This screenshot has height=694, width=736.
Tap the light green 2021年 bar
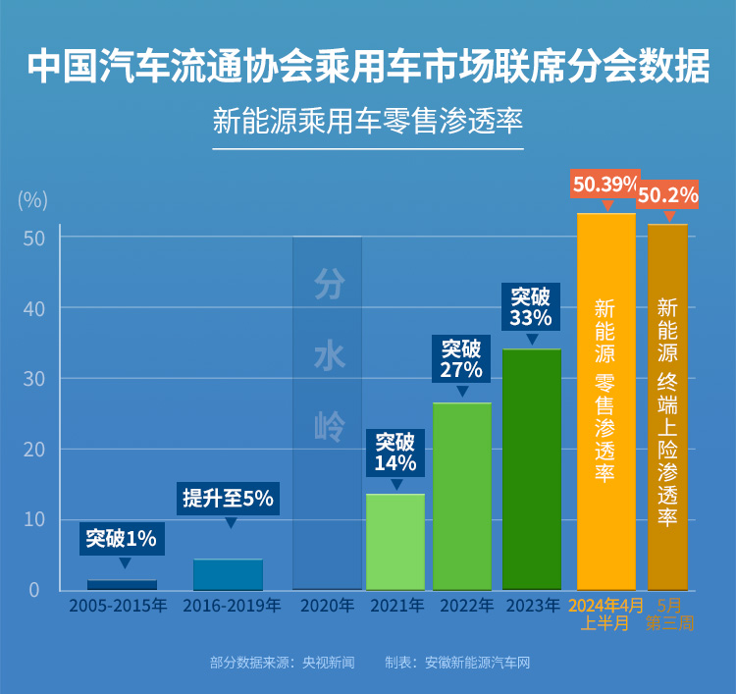[x=395, y=541]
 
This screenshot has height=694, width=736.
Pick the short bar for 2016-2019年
[x=228, y=574]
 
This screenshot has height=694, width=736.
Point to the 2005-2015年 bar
[x=122, y=584]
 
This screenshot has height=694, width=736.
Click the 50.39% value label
[x=605, y=184]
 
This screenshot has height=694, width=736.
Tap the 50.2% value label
[x=668, y=195]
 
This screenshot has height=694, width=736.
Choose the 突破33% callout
[x=532, y=306]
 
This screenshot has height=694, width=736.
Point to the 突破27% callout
[x=461, y=359]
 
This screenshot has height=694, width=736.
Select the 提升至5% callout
[x=228, y=498]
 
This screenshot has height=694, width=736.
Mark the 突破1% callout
[x=122, y=538]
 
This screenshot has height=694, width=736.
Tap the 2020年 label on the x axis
[x=328, y=606]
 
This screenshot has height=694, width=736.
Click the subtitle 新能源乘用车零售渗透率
[x=368, y=122]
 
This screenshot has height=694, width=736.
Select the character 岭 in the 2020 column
[x=329, y=426]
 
